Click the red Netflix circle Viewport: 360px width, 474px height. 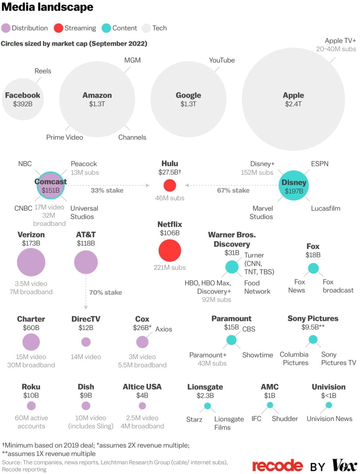coord(170,250)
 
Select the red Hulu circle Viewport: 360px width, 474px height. coord(170,185)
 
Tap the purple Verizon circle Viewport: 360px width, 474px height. coord(31,262)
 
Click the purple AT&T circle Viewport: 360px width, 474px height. coord(86,262)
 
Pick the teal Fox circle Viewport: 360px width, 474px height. coord(313,268)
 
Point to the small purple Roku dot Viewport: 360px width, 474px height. coord(31,406)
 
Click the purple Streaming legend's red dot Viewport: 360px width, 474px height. coord(58,28)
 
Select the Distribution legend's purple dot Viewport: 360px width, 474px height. coord(6,28)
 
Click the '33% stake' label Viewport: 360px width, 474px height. coord(107,191)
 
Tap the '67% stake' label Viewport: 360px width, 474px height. coord(233,191)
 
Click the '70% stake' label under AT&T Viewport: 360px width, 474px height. coord(105,292)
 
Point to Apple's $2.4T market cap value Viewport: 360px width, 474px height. coord(293,104)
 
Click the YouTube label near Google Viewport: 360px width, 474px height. coord(222,60)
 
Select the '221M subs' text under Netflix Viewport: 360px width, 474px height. coord(170,267)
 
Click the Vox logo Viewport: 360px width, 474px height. coord(344,465)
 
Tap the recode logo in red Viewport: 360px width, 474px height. coord(278,465)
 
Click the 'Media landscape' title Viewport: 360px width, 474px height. coord(47,7)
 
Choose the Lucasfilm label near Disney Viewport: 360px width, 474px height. coord(325,208)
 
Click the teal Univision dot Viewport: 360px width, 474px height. coord(329,405)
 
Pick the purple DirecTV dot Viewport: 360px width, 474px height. coord(86,342)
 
